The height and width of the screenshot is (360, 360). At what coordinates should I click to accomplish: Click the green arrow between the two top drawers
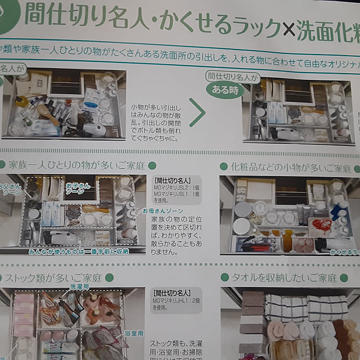click(x=197, y=112)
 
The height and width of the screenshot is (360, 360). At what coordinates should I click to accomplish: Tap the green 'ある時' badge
click(x=223, y=88)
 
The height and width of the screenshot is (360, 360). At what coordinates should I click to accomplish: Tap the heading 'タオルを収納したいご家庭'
click(x=282, y=278)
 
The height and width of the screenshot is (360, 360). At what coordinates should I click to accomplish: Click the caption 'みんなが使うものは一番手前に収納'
click(x=85, y=251)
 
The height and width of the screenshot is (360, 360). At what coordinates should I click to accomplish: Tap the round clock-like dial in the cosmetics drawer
click(x=259, y=209)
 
